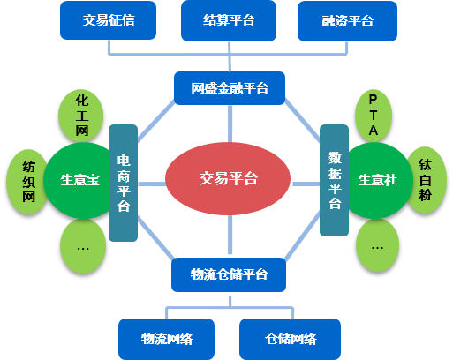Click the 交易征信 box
point(108,20)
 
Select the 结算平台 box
point(229,20)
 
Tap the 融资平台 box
point(347,21)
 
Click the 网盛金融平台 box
point(230,88)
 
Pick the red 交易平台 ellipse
point(228,178)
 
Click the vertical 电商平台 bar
point(124,183)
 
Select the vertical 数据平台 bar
point(335,180)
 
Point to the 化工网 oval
point(81,116)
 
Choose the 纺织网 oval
point(27,182)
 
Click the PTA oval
point(374,116)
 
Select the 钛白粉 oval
point(427,180)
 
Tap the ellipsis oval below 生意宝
point(83,246)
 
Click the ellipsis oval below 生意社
point(377,245)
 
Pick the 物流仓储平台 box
point(229,274)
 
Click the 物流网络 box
point(166,339)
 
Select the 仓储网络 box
point(291,339)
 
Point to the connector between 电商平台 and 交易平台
point(152,184)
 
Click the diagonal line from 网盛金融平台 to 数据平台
point(302,120)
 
